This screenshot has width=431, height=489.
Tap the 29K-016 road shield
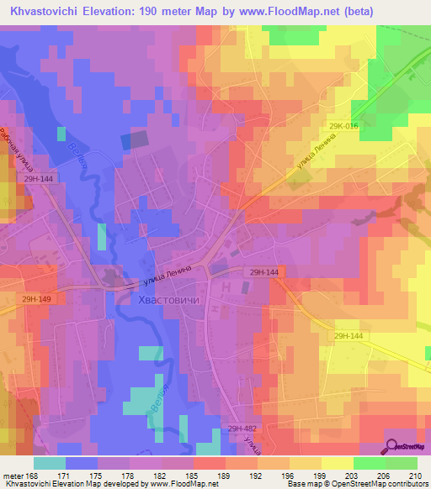[344, 126]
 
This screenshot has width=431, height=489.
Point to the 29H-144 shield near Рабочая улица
[39, 180]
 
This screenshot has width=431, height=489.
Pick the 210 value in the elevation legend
[415, 476]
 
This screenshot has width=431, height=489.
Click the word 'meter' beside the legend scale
[12, 476]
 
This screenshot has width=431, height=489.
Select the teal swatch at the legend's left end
[50, 463]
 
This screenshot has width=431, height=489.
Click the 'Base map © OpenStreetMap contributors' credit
[357, 485]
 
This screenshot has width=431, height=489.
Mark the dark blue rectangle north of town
[132, 140]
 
